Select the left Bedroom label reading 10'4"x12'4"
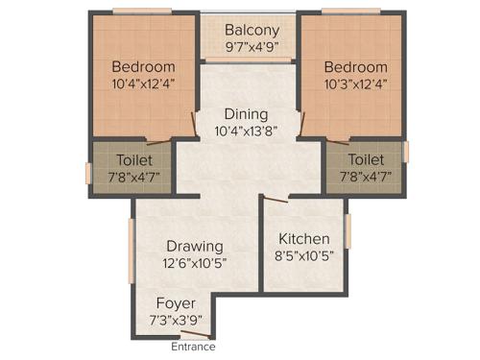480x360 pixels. (x=143, y=84)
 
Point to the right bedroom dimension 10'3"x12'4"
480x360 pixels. (x=355, y=84)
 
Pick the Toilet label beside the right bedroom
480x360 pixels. (x=366, y=159)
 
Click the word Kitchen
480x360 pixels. (x=304, y=239)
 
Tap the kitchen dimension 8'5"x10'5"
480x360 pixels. (x=304, y=256)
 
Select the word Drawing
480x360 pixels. (x=194, y=246)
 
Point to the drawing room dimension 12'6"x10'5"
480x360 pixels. (x=194, y=262)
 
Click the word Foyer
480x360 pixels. (x=176, y=304)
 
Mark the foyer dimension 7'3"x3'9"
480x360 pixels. (x=176, y=321)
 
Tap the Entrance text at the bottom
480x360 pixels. (x=194, y=347)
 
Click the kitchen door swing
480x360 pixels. (x=276, y=200)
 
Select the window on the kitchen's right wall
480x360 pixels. (x=348, y=237)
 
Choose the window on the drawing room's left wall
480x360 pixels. (x=131, y=250)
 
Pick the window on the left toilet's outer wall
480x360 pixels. (x=88, y=173)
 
